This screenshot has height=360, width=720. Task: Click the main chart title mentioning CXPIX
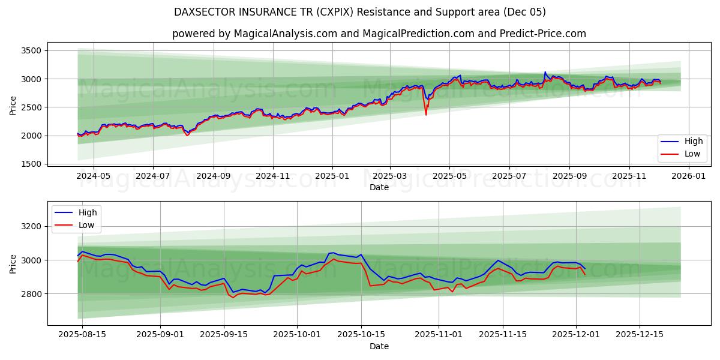point(360,12)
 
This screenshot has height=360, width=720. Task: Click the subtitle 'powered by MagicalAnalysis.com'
point(379,34)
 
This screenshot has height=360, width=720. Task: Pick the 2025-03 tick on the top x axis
point(390,176)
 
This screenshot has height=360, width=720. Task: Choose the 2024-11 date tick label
point(273,176)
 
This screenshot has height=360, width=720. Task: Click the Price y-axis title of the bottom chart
point(13,263)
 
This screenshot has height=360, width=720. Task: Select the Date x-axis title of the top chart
point(379,187)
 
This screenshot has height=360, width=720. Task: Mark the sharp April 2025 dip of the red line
point(426,114)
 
